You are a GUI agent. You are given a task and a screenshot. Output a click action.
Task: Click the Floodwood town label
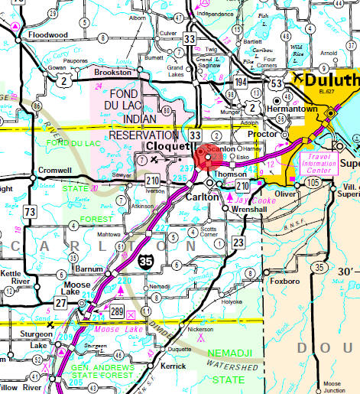coord(48,34)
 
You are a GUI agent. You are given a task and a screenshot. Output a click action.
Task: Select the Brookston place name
coord(113,72)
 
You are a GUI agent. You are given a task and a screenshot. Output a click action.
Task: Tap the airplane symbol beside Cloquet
coord(156,158)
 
